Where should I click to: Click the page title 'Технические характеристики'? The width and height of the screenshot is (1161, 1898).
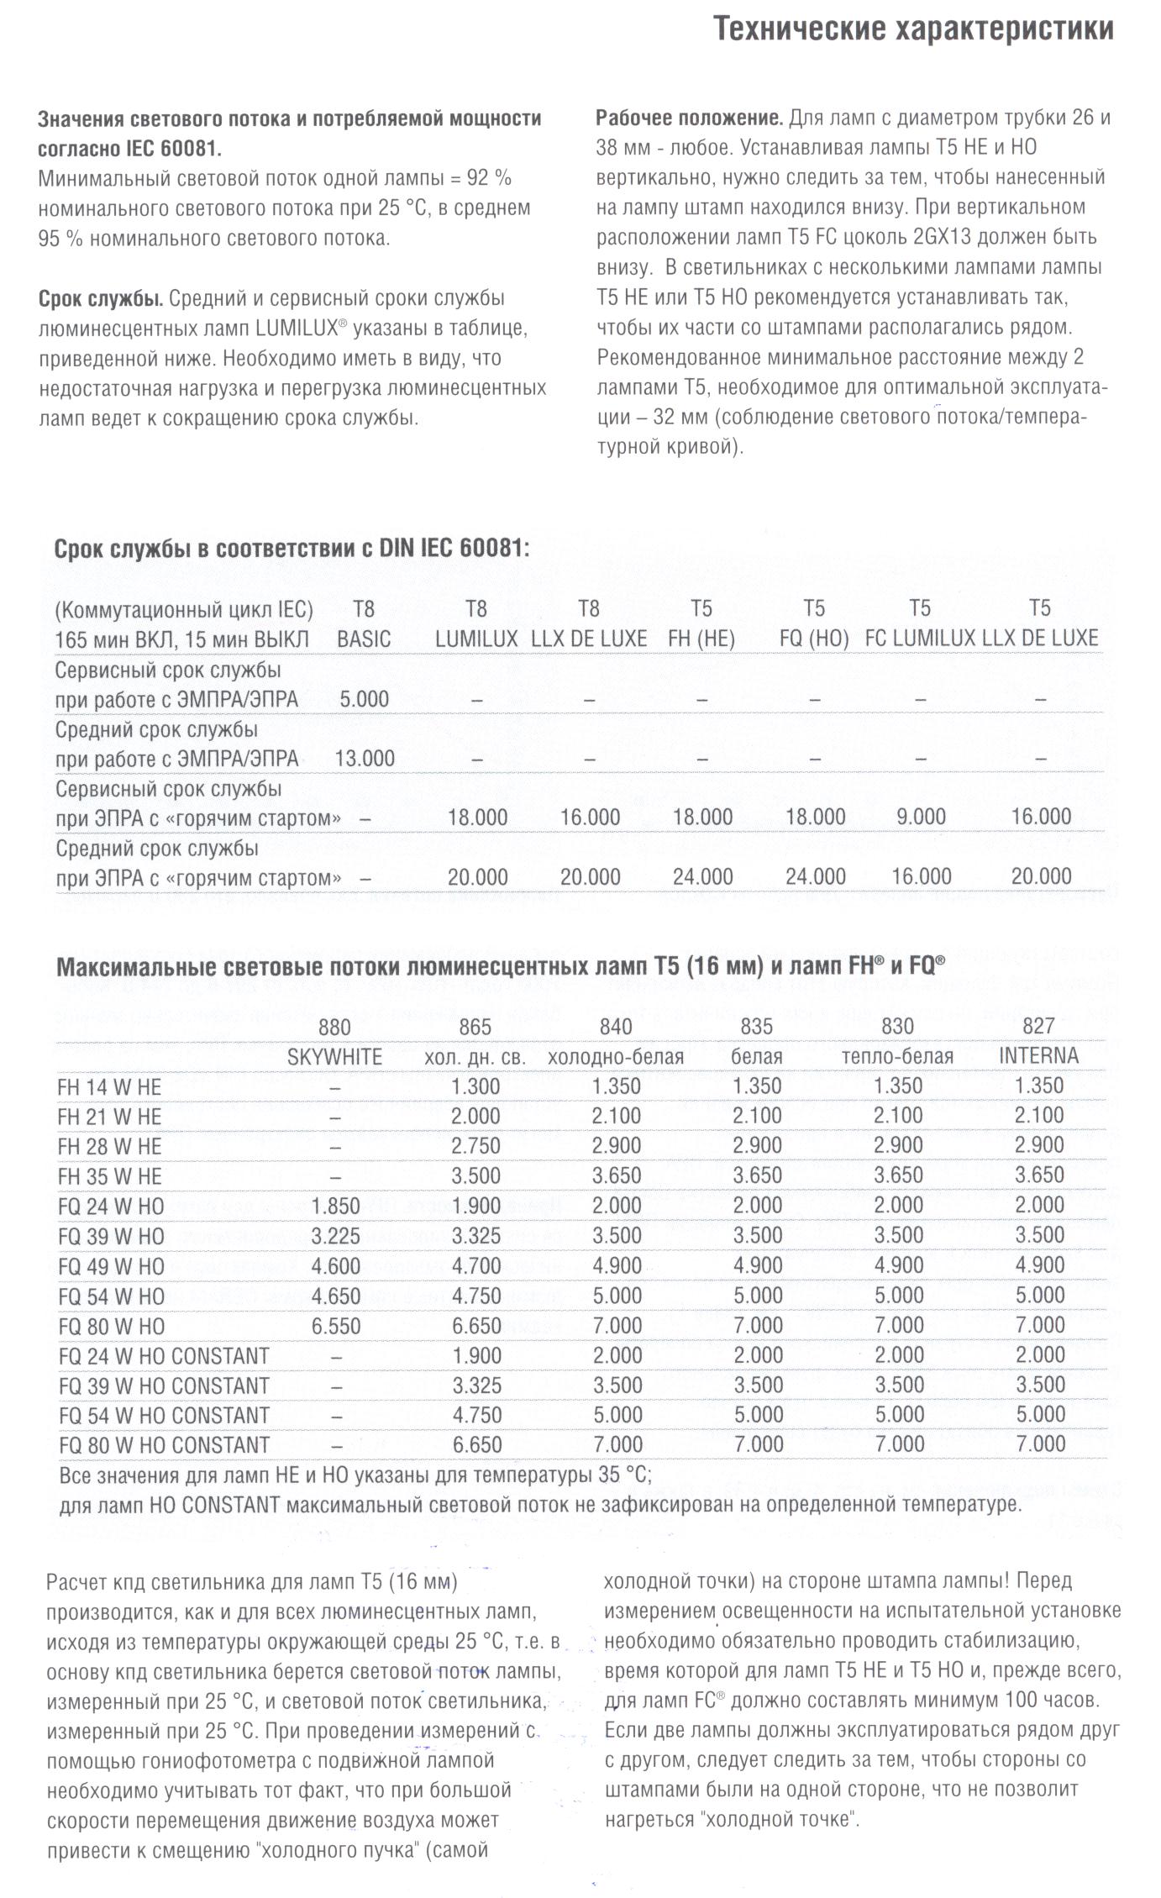pyautogui.click(x=913, y=29)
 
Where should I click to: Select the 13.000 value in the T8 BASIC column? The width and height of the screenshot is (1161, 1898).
pyautogui.click(x=365, y=759)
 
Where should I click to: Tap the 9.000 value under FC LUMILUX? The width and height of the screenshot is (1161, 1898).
pyautogui.click(x=920, y=817)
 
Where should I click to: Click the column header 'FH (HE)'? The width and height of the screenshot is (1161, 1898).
pyautogui.click(x=701, y=639)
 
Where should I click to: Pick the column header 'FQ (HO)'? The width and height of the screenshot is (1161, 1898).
pyautogui.click(x=813, y=639)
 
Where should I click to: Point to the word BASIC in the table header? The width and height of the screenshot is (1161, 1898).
pyautogui.click(x=364, y=639)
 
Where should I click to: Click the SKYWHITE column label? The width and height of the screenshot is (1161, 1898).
pyautogui.click(x=334, y=1057)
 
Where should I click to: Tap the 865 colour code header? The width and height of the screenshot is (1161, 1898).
pyautogui.click(x=475, y=1028)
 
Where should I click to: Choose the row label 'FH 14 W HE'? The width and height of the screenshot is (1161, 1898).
pyautogui.click(x=109, y=1087)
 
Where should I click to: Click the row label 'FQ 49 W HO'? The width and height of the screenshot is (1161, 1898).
pyautogui.click(x=111, y=1266)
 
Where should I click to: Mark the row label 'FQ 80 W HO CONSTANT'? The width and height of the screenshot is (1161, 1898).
pyautogui.click(x=164, y=1445)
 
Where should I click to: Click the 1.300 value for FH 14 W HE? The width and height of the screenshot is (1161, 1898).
pyautogui.click(x=475, y=1086)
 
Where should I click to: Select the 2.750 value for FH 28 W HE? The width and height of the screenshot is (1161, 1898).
pyautogui.click(x=475, y=1146)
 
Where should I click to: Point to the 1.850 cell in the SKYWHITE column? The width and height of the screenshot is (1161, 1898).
pyautogui.click(x=335, y=1207)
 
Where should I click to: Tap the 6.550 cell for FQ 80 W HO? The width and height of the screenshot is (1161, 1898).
pyautogui.click(x=335, y=1327)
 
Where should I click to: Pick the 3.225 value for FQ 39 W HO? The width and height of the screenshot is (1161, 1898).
pyautogui.click(x=335, y=1237)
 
